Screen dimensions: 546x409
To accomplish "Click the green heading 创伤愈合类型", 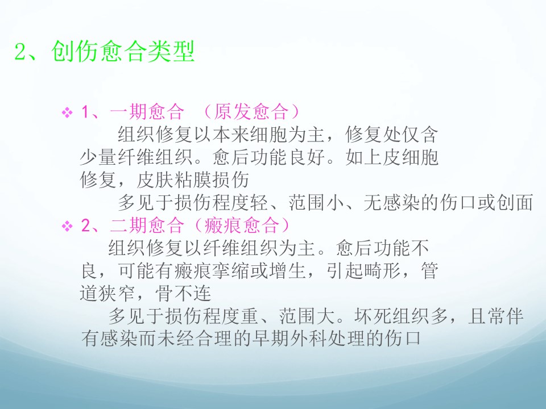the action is click(123, 52).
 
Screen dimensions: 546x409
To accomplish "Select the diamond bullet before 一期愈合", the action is click(67, 112).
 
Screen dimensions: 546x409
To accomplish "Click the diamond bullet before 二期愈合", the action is click(67, 226).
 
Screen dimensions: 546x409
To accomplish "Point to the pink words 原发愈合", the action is click(251, 112).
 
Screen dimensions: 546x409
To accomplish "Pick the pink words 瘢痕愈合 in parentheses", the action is click(241, 226).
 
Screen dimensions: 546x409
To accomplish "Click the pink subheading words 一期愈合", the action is click(147, 112).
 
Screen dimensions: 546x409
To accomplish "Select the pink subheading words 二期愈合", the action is click(147, 226).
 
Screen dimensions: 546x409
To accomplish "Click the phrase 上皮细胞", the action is click(401, 157).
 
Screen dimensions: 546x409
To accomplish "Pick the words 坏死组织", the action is click(392, 316).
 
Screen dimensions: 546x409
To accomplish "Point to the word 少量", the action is click(98, 157).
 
